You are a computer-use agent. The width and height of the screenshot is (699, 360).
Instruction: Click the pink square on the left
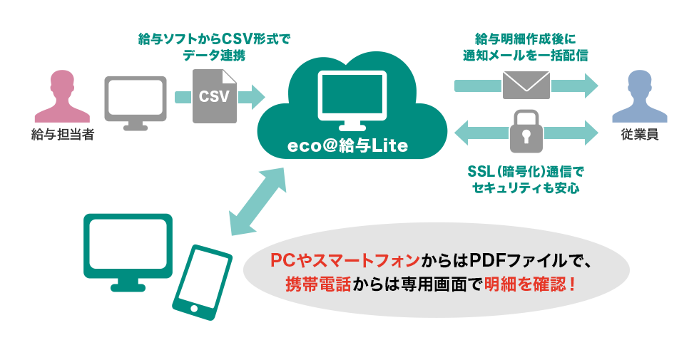62,96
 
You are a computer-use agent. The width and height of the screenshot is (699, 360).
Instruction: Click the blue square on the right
639,96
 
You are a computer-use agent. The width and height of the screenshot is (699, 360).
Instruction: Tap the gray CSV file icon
215,97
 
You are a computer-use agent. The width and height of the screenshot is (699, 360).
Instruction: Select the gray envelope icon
526,85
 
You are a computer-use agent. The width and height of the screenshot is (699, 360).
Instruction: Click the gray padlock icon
526,131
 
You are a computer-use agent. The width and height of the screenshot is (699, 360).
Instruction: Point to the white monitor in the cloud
351,96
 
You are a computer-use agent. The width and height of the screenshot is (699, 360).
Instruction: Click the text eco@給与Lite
347,146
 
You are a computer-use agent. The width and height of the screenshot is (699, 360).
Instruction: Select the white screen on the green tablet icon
128,243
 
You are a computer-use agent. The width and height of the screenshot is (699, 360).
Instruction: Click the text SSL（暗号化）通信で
526,173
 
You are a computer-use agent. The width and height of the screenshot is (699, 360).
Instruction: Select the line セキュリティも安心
526,188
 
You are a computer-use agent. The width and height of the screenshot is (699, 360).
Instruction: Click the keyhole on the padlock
526,135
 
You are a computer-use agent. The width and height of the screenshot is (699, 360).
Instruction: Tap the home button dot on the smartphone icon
193,309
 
